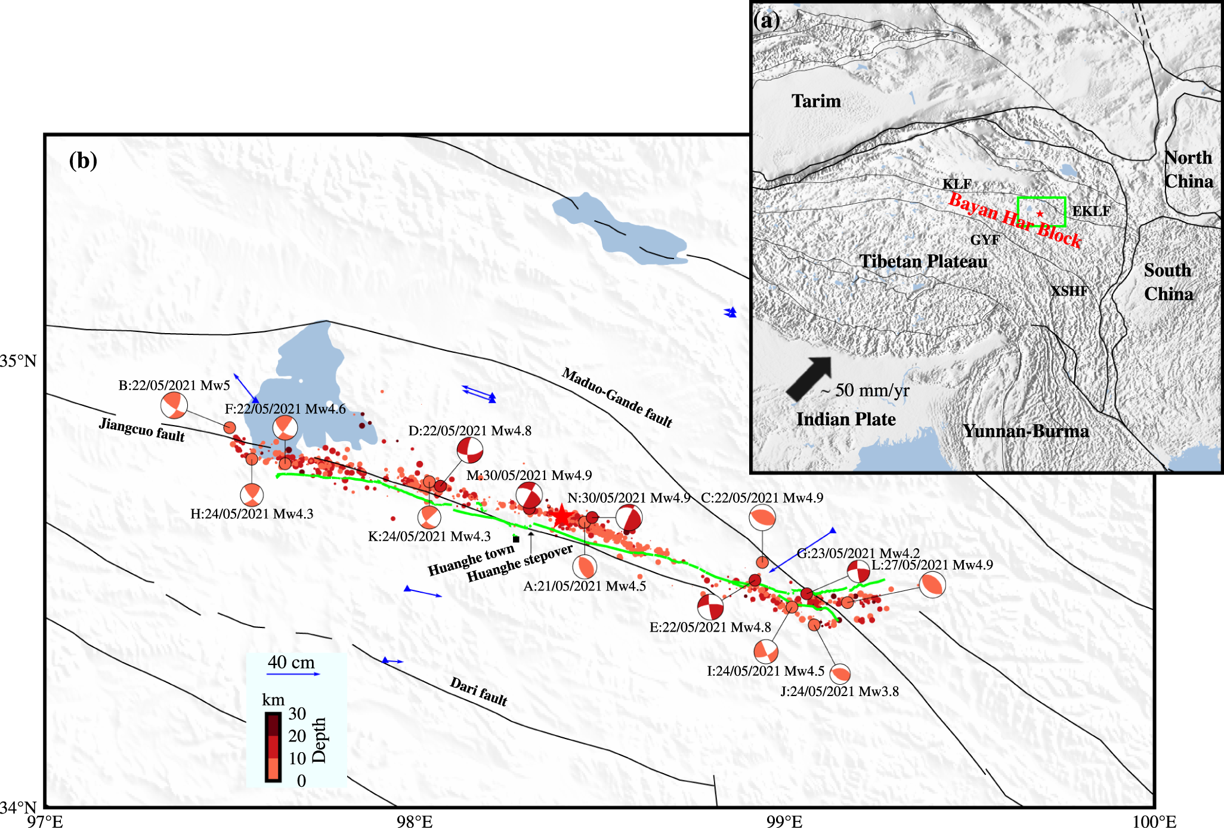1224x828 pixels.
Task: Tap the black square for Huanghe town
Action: pyautogui.click(x=517, y=539)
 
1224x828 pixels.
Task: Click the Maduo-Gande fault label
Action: pyautogui.click(x=617, y=398)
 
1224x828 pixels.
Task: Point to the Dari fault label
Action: pyautogui.click(x=478, y=691)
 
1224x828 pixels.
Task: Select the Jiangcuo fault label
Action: pyautogui.click(x=142, y=429)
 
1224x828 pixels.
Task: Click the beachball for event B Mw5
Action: pyautogui.click(x=174, y=406)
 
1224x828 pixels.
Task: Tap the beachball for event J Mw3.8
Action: pyautogui.click(x=840, y=673)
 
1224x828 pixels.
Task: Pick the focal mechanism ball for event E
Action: pyautogui.click(x=710, y=607)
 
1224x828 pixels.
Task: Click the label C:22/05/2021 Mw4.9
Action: pyautogui.click(x=762, y=498)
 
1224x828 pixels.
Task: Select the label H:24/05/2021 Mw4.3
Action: pyautogui.click(x=252, y=514)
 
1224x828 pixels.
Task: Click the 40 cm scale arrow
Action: pyautogui.click(x=293, y=674)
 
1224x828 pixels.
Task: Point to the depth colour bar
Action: pyautogui.click(x=273, y=746)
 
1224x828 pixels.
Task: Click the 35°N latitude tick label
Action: pyautogui.click(x=18, y=361)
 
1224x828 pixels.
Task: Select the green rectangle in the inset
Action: pyautogui.click(x=1041, y=212)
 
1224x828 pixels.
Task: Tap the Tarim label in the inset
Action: pyautogui.click(x=816, y=101)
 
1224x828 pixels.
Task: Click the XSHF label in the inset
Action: pyautogui.click(x=1069, y=291)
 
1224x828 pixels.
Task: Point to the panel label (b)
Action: pyautogui.click(x=83, y=161)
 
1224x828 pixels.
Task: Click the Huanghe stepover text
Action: pyautogui.click(x=520, y=564)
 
